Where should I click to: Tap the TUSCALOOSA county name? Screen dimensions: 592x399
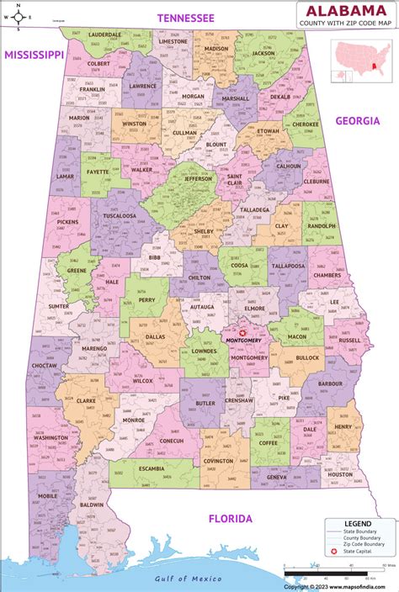point(120,214)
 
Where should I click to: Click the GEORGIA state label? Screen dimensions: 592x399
point(358,120)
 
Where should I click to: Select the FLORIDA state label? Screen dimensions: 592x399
point(230,519)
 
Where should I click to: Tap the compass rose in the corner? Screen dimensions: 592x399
point(13,13)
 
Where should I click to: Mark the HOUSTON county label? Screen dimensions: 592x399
point(340,474)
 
